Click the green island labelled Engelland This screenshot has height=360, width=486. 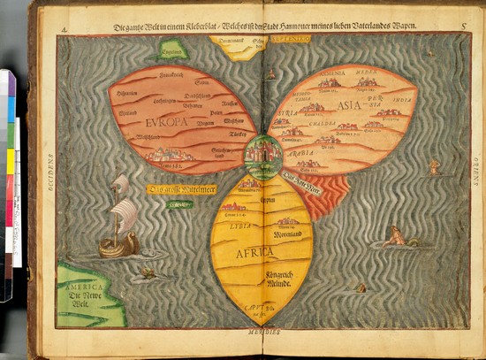pyautogui.click(x=173, y=51)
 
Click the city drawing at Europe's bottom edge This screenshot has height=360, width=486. pyautogui.click(x=165, y=155)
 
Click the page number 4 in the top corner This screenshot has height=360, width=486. pyautogui.click(x=65, y=29)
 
